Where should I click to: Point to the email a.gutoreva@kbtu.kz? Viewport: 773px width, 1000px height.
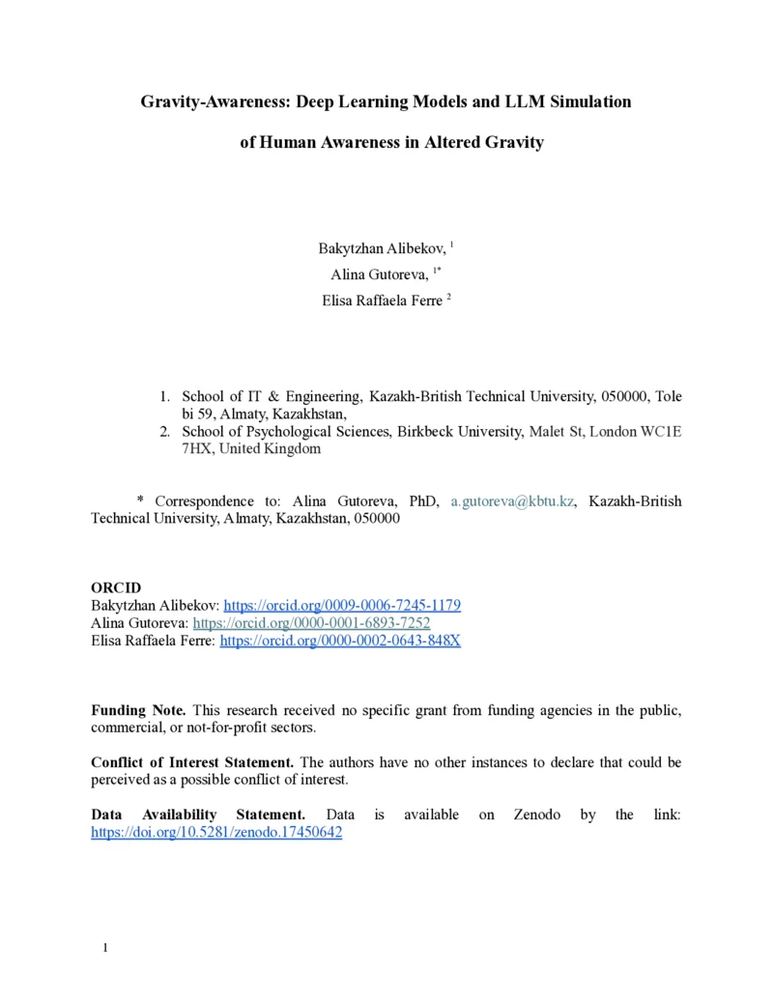click(x=513, y=501)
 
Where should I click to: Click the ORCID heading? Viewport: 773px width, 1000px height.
click(x=116, y=588)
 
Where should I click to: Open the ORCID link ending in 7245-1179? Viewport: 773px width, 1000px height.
click(x=342, y=606)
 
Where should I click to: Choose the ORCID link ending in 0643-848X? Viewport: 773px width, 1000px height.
click(x=340, y=641)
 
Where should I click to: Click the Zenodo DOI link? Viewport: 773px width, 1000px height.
click(x=216, y=832)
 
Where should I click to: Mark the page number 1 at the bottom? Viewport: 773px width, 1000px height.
click(x=105, y=948)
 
